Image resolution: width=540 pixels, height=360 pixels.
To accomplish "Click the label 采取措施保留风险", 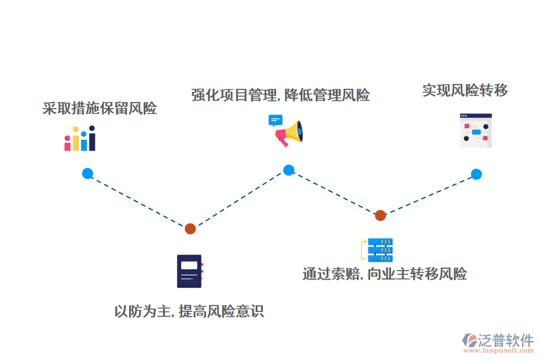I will coord(100,109).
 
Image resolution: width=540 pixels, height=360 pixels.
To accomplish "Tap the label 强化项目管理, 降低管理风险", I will coord(280,95).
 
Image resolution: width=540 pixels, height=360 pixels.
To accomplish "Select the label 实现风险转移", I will coord(465,91).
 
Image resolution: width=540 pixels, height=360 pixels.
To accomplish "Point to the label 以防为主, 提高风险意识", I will coord(189,311).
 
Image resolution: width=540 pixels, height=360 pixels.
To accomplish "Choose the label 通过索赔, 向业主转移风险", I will coord(385,274).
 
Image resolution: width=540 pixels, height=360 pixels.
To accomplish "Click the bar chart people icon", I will coord(80,139).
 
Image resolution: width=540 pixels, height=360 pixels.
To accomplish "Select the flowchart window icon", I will coord(476,130).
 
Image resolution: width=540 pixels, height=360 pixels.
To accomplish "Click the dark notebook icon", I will coord(190,271).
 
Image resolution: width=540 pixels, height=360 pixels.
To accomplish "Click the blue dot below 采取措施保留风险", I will coord(88,173).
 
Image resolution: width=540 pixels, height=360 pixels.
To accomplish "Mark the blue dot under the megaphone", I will coord(289,170).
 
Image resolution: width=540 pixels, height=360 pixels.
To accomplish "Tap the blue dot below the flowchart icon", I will coord(476,174).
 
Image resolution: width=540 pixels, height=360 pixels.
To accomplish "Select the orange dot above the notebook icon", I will coord(190,229).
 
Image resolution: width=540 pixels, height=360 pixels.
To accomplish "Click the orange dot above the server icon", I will coord(380,215).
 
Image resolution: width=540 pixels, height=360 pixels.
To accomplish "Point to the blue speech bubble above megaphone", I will coord(275,120).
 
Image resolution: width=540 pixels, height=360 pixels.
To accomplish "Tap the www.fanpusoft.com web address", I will coord(497,351).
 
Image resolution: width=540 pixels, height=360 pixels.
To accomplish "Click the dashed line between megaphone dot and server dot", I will coord(334,192).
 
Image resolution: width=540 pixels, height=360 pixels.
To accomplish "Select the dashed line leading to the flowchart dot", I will coord(428,194).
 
